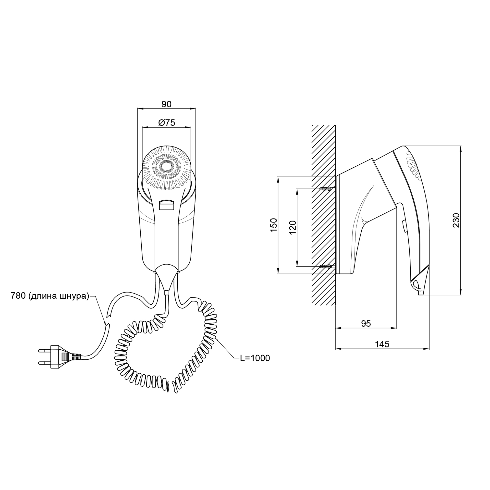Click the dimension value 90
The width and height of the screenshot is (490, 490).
166,104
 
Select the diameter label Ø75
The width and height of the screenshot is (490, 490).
167,123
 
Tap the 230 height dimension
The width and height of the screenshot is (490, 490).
456,220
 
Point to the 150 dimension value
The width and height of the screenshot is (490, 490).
274,225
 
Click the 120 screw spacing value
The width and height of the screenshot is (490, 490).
293,228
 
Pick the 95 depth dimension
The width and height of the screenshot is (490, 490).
366,323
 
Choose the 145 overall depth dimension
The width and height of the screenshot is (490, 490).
382,344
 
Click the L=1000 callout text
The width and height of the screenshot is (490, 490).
255,358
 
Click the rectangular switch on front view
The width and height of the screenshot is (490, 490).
166,205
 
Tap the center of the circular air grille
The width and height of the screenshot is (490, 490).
167,167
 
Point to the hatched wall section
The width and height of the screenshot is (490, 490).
323,228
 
